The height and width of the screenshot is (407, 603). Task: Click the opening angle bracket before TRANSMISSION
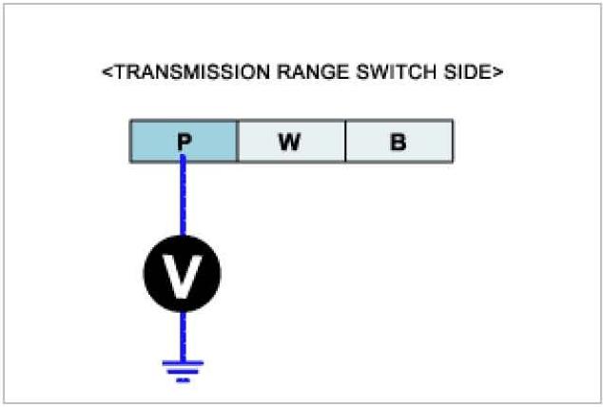(107, 72)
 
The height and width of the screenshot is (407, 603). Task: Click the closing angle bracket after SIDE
(496, 72)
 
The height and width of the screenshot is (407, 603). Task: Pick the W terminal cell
(290, 143)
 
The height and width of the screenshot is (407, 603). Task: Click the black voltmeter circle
(183, 274)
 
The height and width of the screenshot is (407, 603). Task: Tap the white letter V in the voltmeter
(183, 274)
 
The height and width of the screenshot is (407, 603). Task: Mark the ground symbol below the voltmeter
(183, 369)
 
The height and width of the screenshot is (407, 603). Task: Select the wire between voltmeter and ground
(183, 335)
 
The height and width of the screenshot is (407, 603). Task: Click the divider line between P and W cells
(237, 143)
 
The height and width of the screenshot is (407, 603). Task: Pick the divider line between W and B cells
(344, 143)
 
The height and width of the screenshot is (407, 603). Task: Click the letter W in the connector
(290, 144)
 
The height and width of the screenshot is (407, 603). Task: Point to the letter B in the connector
(398, 144)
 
